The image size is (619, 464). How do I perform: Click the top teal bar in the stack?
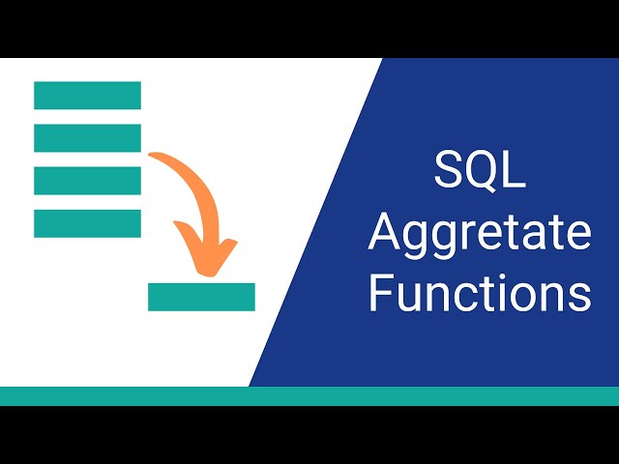(87, 95)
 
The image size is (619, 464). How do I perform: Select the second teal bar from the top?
(87, 137)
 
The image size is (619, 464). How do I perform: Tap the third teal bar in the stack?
(87, 180)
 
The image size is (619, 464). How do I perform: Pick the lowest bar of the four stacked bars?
(87, 222)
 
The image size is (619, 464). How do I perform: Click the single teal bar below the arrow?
(201, 297)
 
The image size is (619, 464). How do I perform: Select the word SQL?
(480, 172)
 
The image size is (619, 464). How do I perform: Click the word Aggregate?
(480, 234)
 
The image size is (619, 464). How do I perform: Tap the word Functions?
(480, 292)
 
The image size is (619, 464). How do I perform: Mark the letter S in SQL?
(449, 172)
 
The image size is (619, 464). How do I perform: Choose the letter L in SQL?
(514, 172)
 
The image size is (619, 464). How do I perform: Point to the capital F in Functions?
(379, 292)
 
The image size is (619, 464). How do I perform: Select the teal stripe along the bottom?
(309, 395)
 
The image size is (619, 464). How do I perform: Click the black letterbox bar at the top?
(309, 29)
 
